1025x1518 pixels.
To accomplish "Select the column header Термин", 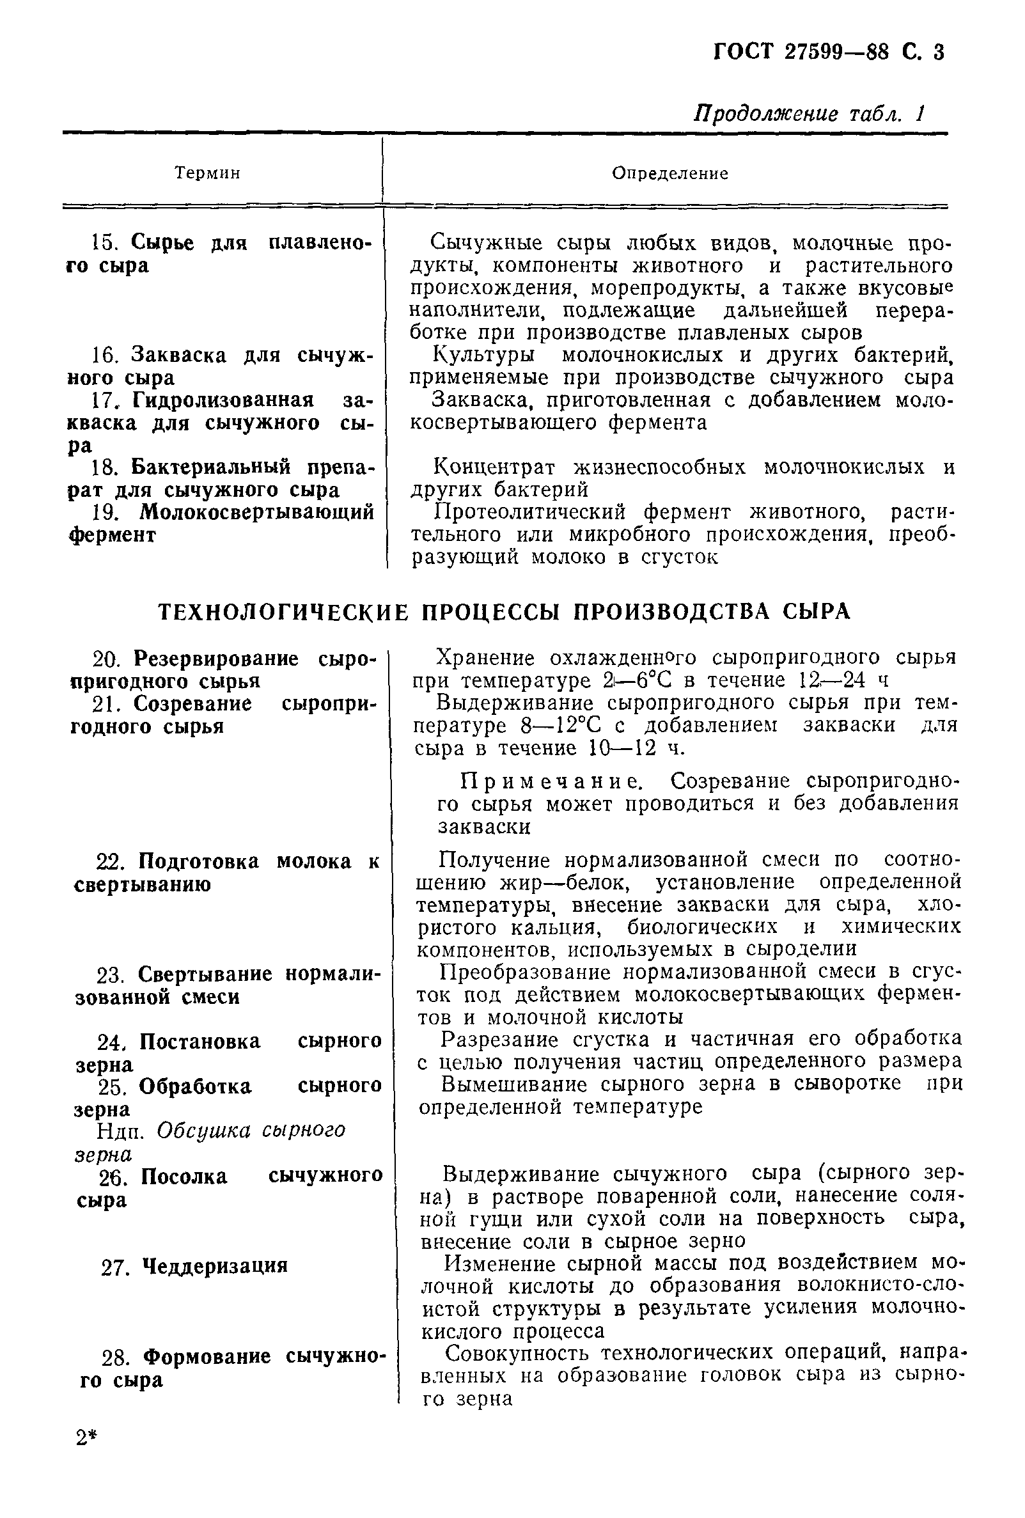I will tap(208, 173).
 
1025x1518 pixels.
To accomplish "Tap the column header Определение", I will tap(670, 173).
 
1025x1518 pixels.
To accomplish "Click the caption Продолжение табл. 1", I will tap(809, 114).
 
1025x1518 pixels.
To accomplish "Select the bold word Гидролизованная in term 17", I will tap(223, 400).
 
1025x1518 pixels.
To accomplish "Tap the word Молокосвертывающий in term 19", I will tap(258, 512).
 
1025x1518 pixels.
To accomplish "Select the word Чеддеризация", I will tap(214, 1266).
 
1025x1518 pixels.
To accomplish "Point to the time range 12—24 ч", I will tap(843, 680).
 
